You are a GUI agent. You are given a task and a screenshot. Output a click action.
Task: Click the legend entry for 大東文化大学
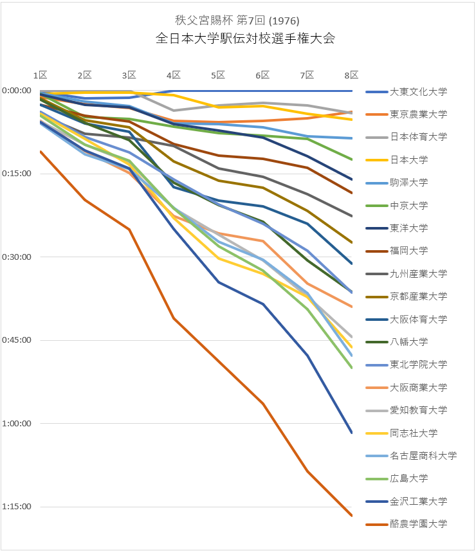417,91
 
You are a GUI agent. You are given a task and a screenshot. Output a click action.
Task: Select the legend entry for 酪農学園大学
417,524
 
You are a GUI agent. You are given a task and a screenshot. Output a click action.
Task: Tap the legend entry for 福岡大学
408,251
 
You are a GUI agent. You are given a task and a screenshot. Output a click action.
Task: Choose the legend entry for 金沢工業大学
417,502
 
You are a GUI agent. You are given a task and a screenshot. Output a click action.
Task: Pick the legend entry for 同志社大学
413,433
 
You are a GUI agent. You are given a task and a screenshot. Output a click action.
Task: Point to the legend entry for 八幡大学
408,342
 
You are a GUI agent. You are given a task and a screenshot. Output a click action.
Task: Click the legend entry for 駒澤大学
408,183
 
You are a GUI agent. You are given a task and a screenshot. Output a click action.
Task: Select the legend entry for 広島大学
408,478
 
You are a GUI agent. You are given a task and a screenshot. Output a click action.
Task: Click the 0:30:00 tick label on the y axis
17,257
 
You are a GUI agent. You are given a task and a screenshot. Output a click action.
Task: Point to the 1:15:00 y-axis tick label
17,507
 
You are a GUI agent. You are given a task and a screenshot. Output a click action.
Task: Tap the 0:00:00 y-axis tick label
17,91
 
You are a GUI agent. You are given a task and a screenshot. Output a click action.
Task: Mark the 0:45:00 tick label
17,340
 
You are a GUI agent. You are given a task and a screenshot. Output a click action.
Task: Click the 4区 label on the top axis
173,75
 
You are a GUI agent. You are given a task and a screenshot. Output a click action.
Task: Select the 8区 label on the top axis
351,75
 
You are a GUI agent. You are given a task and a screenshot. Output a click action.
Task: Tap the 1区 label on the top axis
40,75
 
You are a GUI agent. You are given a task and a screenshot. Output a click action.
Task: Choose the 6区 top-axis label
262,75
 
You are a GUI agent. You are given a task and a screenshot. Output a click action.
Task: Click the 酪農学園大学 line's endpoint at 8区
351,515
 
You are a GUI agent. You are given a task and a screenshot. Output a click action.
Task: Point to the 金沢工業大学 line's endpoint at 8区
351,433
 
